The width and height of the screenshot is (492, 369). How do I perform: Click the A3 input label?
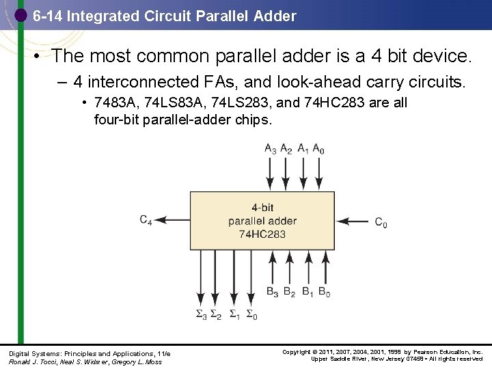coord(271,149)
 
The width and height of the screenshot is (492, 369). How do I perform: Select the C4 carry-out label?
coord(146,220)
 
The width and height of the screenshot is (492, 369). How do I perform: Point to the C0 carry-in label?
coord(381,222)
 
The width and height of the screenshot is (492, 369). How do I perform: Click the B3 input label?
coord(272,292)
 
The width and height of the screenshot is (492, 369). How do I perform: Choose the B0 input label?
coord(324,292)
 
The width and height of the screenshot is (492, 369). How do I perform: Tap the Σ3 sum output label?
coord(201,315)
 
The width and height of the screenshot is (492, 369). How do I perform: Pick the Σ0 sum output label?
coord(251,315)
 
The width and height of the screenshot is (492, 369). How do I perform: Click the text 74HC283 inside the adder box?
coord(262,234)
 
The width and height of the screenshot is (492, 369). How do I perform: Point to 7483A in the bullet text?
coord(113,103)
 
